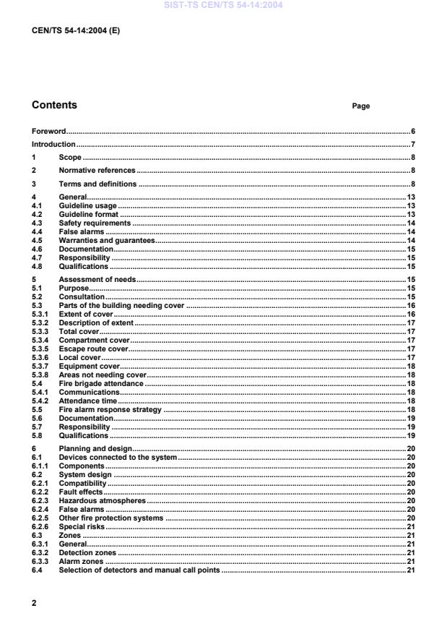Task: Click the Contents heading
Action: point(54,106)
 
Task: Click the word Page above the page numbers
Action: point(360,106)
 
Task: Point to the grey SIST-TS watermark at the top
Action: point(223,6)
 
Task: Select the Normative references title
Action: point(97,171)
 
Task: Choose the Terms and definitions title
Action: point(97,184)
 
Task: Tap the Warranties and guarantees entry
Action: point(107,240)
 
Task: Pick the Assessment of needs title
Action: point(97,280)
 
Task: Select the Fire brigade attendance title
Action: point(101,384)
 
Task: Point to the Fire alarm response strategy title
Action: point(111,410)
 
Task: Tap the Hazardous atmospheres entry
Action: point(102,500)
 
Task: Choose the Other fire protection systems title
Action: point(112,518)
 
